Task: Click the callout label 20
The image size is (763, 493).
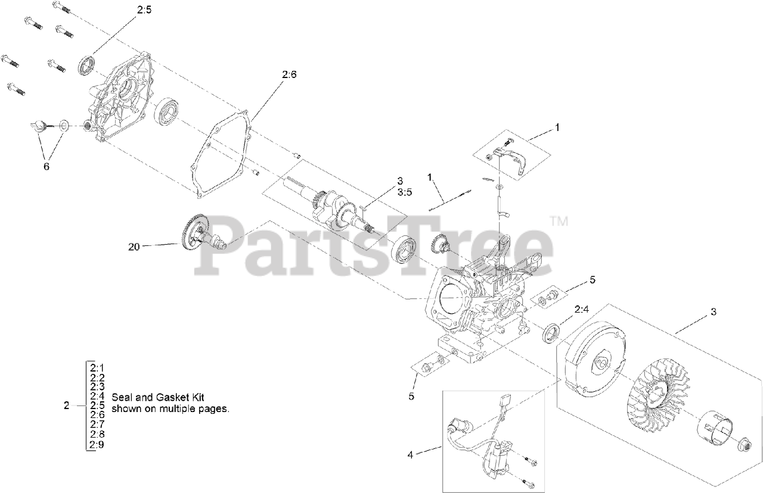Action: coord(134,246)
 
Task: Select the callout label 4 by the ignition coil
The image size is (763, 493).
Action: coord(410,455)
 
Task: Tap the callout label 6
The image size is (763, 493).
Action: coord(46,167)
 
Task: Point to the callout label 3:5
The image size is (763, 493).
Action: coord(405,191)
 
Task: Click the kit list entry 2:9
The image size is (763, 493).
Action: coord(98,444)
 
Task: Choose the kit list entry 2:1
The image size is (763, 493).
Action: coord(98,367)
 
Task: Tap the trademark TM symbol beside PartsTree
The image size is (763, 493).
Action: coord(559,221)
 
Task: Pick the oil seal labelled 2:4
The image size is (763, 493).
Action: coord(552,333)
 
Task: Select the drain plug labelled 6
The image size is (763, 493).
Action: coord(39,125)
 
